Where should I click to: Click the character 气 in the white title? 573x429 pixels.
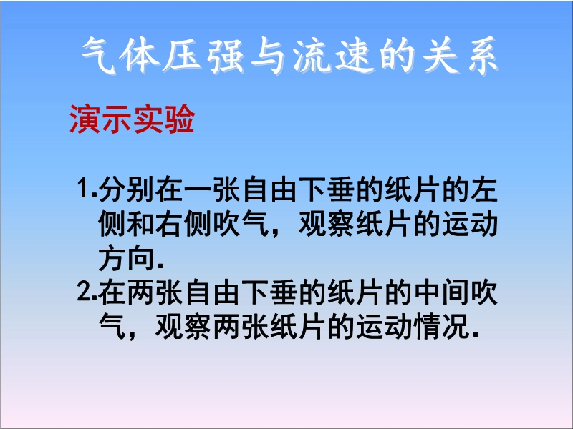[x=99, y=56]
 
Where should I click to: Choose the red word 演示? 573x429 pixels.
[x=100, y=119]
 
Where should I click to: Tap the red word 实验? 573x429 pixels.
[x=163, y=119]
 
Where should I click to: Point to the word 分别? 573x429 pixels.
[x=127, y=189]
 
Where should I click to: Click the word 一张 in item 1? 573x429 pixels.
[x=212, y=189]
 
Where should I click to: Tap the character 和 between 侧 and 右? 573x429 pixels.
[x=140, y=224]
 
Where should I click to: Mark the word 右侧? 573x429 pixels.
[x=184, y=224]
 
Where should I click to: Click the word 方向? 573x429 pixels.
[x=127, y=258]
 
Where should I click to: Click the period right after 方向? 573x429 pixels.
[x=160, y=267]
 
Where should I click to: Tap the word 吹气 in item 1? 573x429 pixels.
[x=241, y=224]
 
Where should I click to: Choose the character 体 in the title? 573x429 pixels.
[x=141, y=56]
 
